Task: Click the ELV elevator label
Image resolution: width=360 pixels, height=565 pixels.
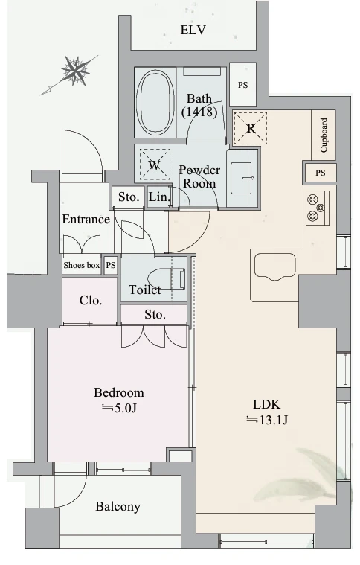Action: click(193, 30)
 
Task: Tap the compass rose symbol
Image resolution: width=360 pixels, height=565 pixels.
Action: click(75, 71)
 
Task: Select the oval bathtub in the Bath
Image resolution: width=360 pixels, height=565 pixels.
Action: click(155, 103)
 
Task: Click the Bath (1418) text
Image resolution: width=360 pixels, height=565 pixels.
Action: click(199, 105)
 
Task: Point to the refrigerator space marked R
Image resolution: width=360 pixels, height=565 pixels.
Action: click(251, 128)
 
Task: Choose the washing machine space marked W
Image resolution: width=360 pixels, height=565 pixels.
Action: click(155, 165)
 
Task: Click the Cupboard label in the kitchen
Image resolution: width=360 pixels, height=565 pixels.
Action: click(324, 135)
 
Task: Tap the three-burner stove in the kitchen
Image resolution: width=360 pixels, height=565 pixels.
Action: click(317, 208)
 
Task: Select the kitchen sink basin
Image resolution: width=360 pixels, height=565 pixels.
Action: click(274, 266)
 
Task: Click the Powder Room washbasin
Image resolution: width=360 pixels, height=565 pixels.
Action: click(241, 178)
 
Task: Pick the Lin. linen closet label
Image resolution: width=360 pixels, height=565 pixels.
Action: click(159, 197)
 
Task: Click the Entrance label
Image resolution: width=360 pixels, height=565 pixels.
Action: click(86, 219)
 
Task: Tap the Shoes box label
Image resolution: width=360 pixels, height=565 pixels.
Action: click(81, 265)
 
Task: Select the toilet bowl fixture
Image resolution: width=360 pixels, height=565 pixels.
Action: click(167, 279)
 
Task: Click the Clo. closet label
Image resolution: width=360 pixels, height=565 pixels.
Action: click(90, 300)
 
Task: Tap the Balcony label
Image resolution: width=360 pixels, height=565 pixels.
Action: click(118, 507)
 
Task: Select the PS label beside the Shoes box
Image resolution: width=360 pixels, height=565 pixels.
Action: click(111, 265)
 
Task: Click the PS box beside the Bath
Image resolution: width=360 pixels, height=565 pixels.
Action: click(243, 85)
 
